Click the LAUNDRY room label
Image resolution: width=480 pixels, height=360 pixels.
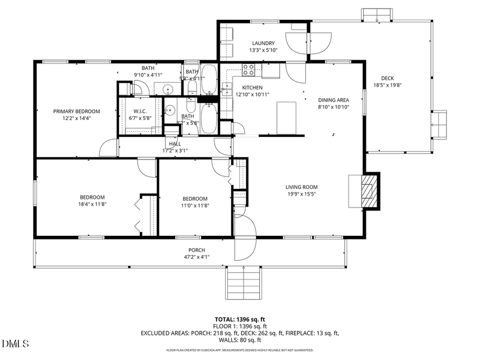(x=263, y=43)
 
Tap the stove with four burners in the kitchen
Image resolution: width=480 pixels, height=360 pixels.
(x=249, y=69)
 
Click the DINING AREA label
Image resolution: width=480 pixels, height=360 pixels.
(x=333, y=100)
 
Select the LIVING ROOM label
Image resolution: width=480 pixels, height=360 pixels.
(x=301, y=187)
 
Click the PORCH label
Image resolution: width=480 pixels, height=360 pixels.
(x=196, y=250)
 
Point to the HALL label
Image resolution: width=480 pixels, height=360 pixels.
(x=175, y=144)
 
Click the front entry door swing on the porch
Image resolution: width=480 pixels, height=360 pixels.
(x=245, y=237)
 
